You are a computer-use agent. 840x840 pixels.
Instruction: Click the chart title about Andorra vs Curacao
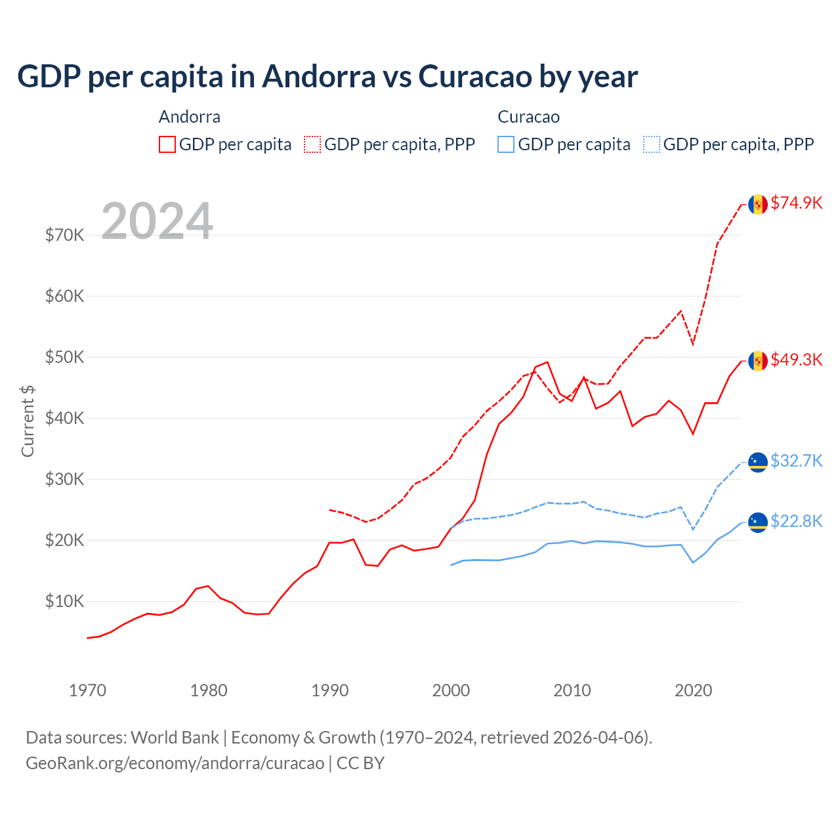pyautogui.click(x=327, y=77)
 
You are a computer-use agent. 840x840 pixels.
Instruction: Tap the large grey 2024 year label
pyautogui.click(x=157, y=221)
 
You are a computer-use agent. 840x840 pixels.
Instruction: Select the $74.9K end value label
pyautogui.click(x=796, y=203)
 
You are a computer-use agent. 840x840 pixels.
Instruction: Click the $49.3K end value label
pyautogui.click(x=796, y=360)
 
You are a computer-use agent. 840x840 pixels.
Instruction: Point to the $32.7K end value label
pyautogui.click(x=796, y=461)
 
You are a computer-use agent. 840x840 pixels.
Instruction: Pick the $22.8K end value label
pyautogui.click(x=796, y=521)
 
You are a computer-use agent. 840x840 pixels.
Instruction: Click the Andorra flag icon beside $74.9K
pyautogui.click(x=758, y=204)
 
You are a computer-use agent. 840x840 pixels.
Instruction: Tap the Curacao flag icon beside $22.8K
pyautogui.click(x=758, y=522)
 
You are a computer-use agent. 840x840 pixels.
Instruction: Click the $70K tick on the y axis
pyautogui.click(x=64, y=235)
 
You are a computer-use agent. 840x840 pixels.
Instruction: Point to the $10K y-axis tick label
pyautogui.click(x=64, y=601)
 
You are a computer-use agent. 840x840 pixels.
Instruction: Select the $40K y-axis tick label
pyautogui.click(x=64, y=418)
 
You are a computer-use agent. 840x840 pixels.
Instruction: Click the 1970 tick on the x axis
pyautogui.click(x=87, y=690)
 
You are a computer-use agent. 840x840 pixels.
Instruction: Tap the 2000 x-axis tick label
pyautogui.click(x=451, y=690)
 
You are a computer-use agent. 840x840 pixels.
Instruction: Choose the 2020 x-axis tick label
pyautogui.click(x=693, y=690)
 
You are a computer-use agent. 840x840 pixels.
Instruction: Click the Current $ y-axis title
pyautogui.click(x=28, y=421)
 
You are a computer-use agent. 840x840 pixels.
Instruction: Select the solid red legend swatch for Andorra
pyautogui.click(x=167, y=144)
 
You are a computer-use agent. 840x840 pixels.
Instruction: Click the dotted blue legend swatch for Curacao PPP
pyautogui.click(x=652, y=144)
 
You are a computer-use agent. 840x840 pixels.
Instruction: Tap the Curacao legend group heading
pyautogui.click(x=528, y=117)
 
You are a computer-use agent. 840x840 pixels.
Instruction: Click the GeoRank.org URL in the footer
pyautogui.click(x=175, y=763)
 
